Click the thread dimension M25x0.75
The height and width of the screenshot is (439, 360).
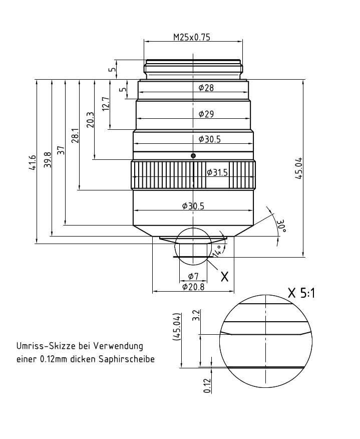click(x=193, y=37)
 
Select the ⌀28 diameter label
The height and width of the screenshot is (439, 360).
click(x=206, y=88)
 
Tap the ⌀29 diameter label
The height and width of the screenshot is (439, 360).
click(x=206, y=114)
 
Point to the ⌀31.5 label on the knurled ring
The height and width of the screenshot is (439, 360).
click(x=217, y=172)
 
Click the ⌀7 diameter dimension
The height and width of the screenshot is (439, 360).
click(x=193, y=276)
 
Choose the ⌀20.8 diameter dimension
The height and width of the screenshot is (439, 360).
click(x=192, y=287)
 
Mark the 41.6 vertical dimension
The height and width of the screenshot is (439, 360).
click(x=33, y=162)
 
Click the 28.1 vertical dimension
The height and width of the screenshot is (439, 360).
click(x=76, y=135)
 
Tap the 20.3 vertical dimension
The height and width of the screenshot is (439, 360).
click(x=90, y=120)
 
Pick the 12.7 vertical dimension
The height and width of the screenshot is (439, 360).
click(x=105, y=104)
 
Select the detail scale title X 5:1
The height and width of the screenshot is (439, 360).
click(x=301, y=293)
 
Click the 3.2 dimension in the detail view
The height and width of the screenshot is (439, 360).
click(x=196, y=315)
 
